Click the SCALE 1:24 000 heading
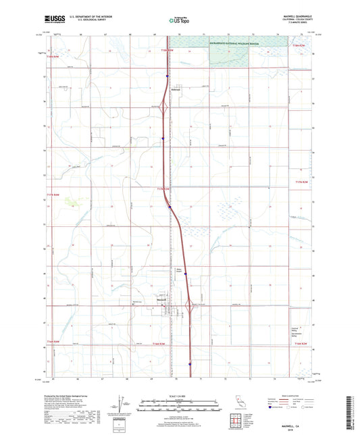(179, 396)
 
